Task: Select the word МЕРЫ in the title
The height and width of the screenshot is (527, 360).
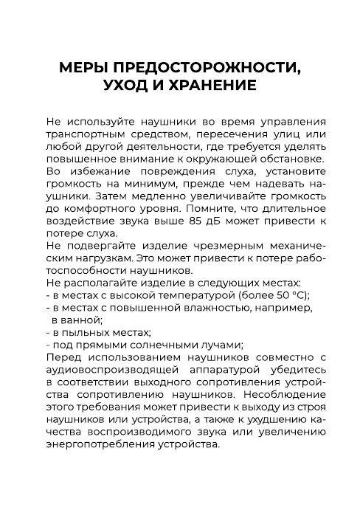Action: point(79,67)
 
